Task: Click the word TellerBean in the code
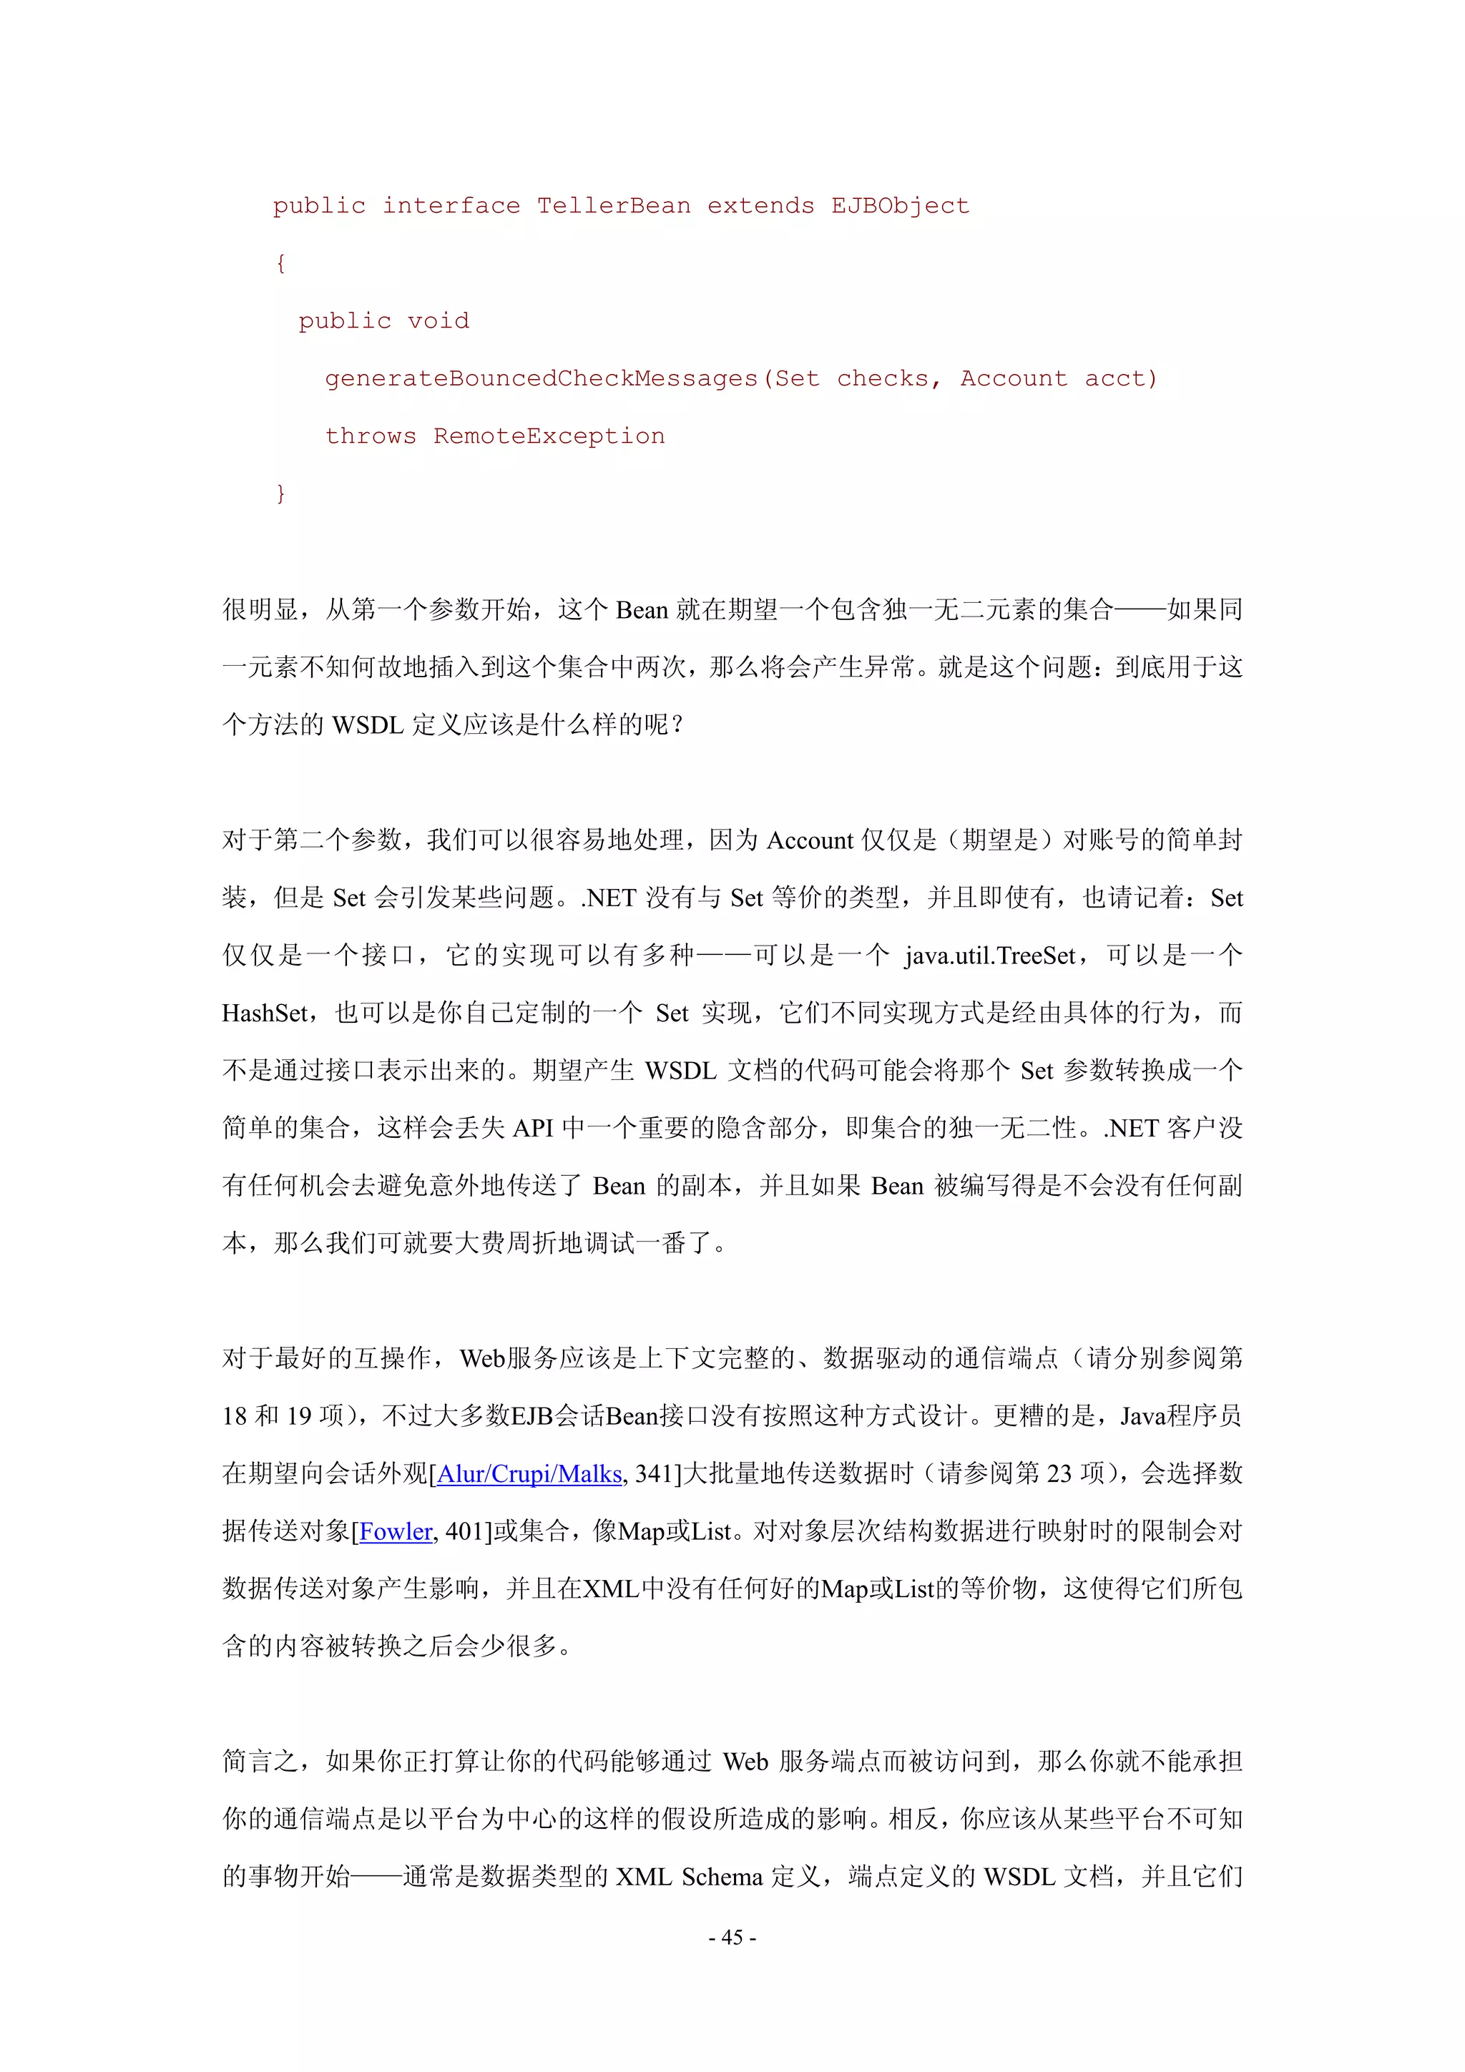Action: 614,206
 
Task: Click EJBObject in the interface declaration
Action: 900,206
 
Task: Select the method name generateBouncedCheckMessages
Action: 541,378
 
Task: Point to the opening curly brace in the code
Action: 280,263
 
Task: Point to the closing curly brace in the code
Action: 280,493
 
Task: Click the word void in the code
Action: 438,320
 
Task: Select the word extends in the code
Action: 760,206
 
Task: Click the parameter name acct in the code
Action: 1120,378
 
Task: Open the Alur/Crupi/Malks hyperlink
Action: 529,1473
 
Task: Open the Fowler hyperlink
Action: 396,1531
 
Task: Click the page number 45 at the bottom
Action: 732,1937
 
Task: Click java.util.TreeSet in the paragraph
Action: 990,956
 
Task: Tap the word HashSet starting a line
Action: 265,1013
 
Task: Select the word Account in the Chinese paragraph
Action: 810,841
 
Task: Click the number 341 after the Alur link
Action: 654,1473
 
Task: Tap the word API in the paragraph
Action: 532,1128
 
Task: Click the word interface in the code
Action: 451,206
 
